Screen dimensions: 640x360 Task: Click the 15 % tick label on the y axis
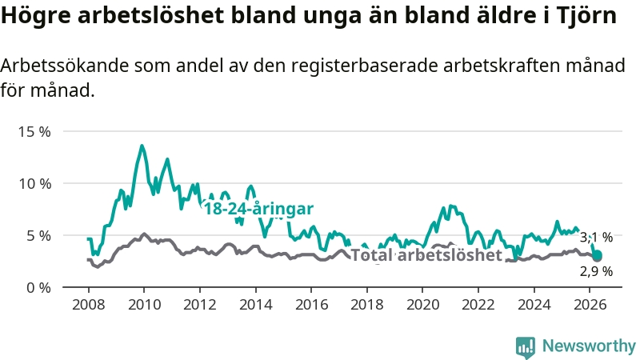pos(34,132)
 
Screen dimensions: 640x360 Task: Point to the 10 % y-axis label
pos(34,184)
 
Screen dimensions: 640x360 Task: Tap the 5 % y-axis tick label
pos(38,236)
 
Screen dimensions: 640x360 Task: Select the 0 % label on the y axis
pos(38,288)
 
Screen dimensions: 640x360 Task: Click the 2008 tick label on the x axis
pos(89,305)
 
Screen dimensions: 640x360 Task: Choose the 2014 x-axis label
pos(255,305)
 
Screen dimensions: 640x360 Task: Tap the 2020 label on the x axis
pos(422,305)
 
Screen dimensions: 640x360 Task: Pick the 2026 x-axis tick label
pos(590,305)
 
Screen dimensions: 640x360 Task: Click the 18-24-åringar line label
pos(258,209)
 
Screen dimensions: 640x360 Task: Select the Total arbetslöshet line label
pos(426,255)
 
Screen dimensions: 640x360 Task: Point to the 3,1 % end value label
pos(596,237)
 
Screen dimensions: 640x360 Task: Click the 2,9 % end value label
pos(596,271)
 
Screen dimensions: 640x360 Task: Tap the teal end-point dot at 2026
pos(597,256)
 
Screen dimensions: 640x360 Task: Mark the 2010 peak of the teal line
pos(142,146)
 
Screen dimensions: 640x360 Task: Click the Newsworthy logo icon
pos(526,347)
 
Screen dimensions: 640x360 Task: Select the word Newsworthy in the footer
pos(589,346)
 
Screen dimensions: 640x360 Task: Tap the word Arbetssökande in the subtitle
pos(65,66)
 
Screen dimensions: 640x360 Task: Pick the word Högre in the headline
pos(36,16)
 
